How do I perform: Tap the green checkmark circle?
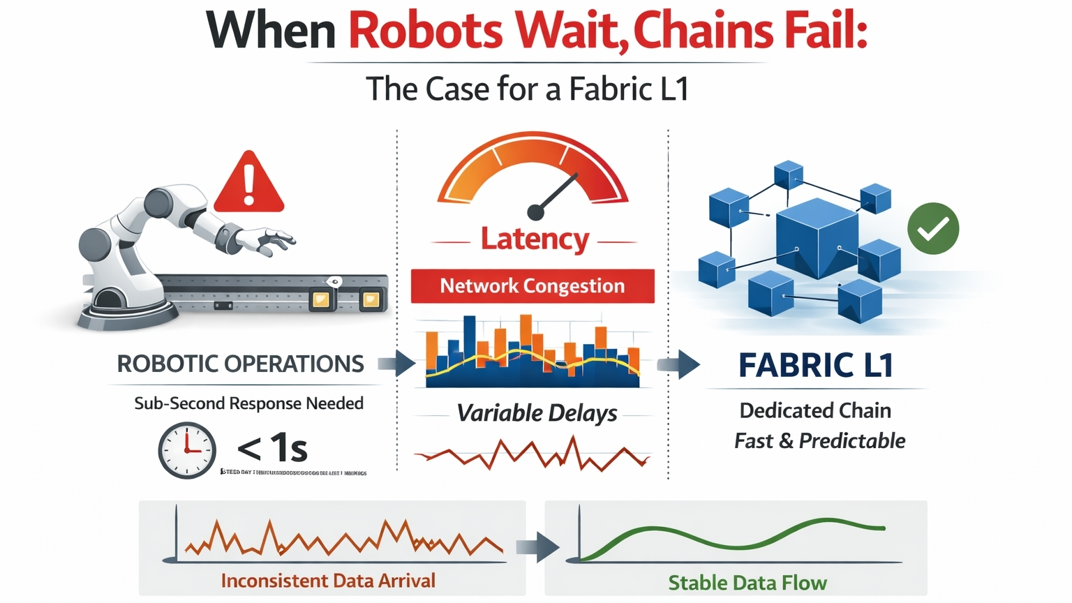[x=933, y=228]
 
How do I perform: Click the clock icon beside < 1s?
[x=187, y=450]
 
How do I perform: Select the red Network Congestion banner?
[x=533, y=286]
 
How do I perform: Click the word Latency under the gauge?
[x=535, y=239]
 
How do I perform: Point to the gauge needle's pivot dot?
[x=535, y=211]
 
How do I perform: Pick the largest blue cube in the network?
[x=817, y=237]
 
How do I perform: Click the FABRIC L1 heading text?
[x=816, y=365]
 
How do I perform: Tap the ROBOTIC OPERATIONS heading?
[x=240, y=364]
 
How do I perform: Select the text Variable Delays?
[x=537, y=413]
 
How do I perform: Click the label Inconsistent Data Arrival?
[x=328, y=581]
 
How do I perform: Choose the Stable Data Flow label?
[x=747, y=583]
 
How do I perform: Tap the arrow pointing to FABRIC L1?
[x=678, y=364]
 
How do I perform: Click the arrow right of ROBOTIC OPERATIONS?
[x=397, y=364]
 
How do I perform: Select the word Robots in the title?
[x=425, y=31]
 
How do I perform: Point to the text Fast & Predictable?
[x=819, y=441]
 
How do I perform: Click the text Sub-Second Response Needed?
[x=248, y=403]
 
